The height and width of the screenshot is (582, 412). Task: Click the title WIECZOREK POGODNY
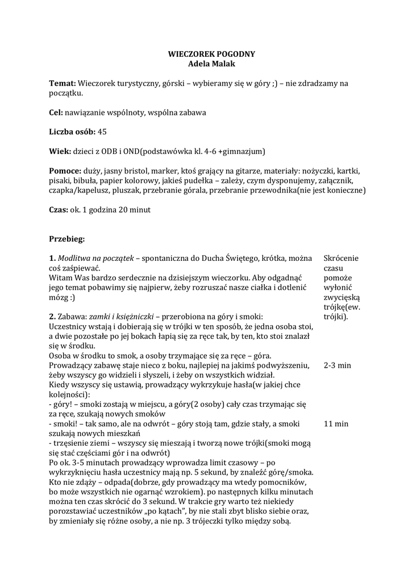coord(211,54)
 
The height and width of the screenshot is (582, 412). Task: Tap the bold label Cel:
coord(56,113)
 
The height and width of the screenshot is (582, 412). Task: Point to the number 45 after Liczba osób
coord(102,132)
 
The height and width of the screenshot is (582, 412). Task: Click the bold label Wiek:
coord(59,151)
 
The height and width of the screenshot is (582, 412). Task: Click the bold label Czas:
coord(59,210)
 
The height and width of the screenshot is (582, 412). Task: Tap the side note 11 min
coord(336,424)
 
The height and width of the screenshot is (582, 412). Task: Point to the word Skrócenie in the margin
coord(342,258)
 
